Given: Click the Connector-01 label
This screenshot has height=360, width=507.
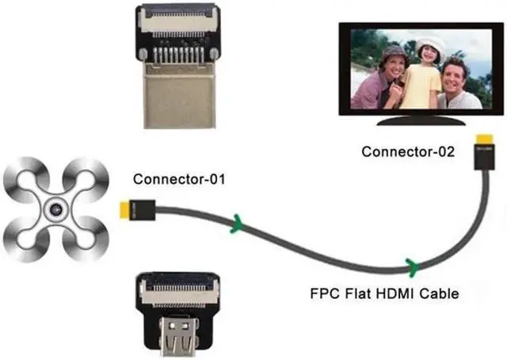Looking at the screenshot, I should coord(180,179).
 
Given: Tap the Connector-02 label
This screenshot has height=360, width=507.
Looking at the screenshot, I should coord(408,151).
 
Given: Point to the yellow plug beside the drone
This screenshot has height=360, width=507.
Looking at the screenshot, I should coord(123,209).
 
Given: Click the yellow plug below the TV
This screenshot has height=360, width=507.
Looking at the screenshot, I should coord(482,149).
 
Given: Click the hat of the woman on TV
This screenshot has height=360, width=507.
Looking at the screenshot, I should coord(393,52).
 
